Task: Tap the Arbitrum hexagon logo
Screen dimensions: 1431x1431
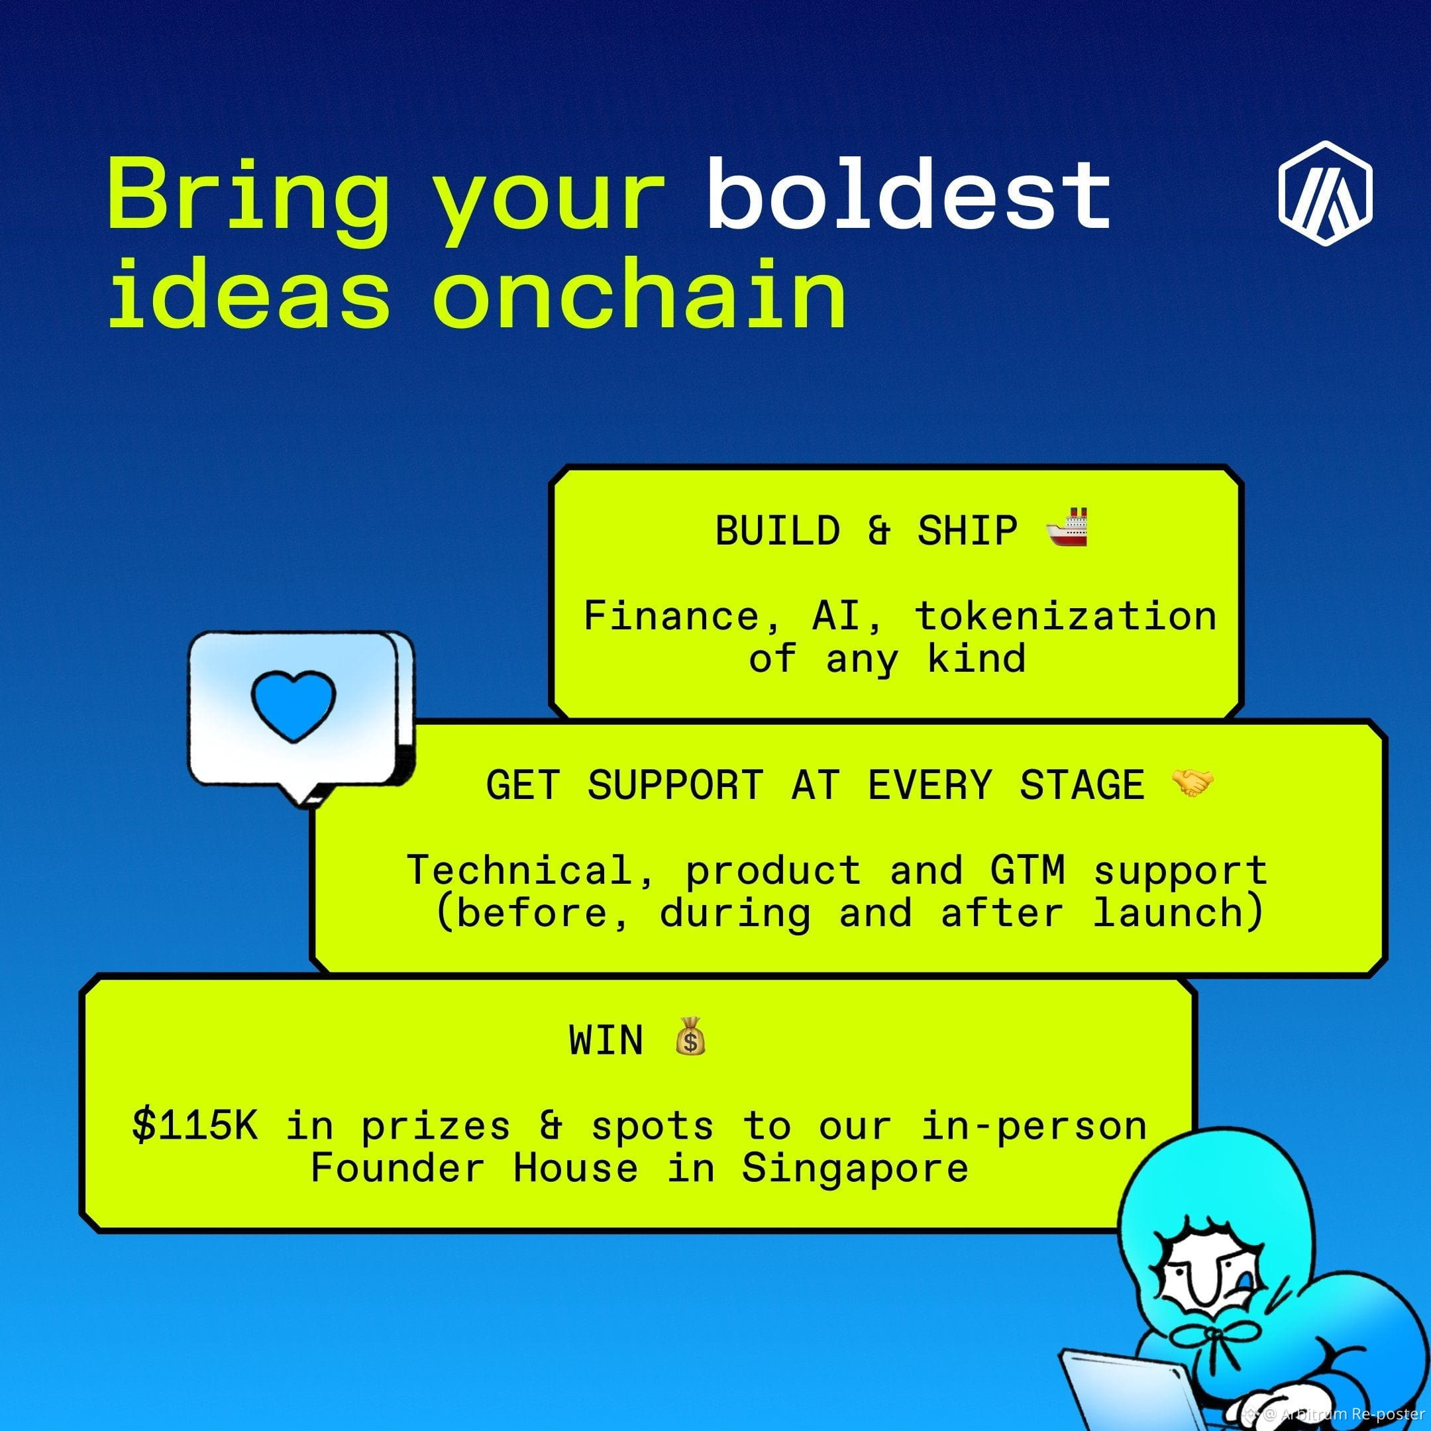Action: (x=1325, y=193)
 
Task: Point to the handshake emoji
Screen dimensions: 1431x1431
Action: (x=1192, y=783)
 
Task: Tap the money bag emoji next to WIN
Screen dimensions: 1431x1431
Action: (x=690, y=1036)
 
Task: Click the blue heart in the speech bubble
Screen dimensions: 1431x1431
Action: (x=293, y=705)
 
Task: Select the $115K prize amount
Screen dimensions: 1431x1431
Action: (x=195, y=1126)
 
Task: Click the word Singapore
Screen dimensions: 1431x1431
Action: (x=855, y=1169)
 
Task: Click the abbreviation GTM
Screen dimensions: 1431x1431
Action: (x=1028, y=871)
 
